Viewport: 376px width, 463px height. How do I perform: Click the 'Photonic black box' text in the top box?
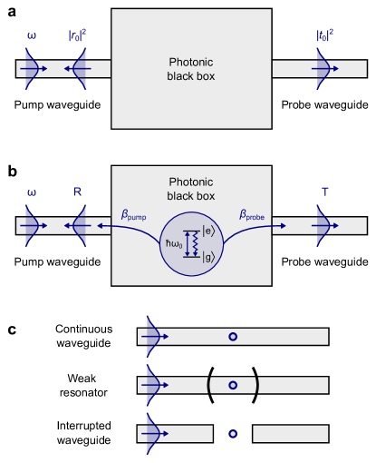(x=191, y=69)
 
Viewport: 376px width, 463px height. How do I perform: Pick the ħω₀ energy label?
(x=174, y=242)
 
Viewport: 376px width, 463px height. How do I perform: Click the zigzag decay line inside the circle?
(x=194, y=243)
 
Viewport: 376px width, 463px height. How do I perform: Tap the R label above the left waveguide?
(x=78, y=192)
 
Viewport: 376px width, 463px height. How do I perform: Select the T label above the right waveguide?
(x=325, y=192)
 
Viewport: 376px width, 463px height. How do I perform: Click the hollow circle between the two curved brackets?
(x=233, y=385)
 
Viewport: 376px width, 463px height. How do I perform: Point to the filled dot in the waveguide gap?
(x=233, y=434)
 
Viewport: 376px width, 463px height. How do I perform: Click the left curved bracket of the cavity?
(x=209, y=385)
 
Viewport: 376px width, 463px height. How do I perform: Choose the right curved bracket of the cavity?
(x=256, y=385)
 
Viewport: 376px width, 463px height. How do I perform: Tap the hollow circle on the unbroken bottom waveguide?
(x=233, y=337)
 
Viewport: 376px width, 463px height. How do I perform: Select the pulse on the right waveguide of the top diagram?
(x=321, y=69)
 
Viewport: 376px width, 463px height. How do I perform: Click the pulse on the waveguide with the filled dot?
(x=151, y=434)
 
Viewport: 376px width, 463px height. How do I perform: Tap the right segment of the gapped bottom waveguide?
(x=290, y=434)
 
